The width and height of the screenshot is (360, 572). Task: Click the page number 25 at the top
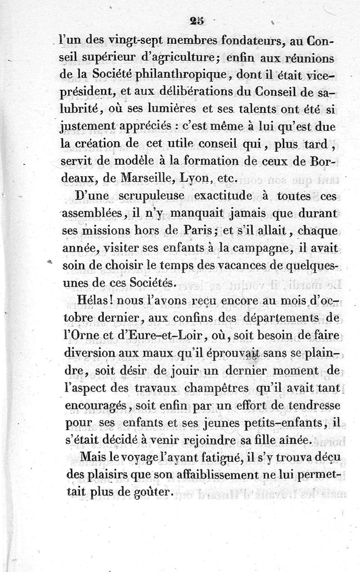point(197,20)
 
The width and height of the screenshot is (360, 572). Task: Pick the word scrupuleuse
point(150,197)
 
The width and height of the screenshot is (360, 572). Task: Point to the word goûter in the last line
point(154,492)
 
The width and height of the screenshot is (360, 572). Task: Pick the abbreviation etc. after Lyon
point(226,178)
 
